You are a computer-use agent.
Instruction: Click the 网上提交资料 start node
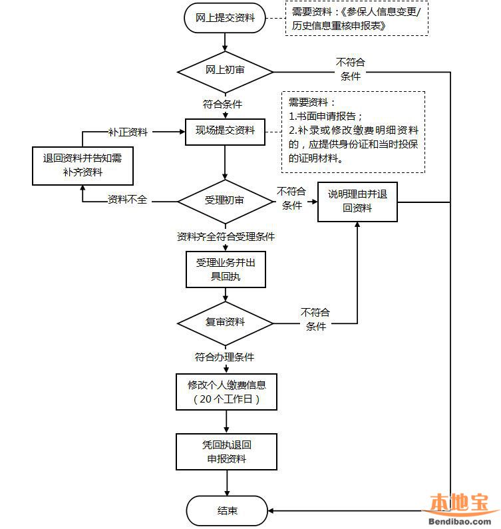[x=225, y=18]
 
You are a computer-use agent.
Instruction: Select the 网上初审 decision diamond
[x=225, y=71]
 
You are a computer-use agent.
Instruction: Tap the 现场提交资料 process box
[x=225, y=130]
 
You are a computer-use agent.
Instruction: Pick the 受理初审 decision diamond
[x=225, y=200]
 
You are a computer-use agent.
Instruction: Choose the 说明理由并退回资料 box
[x=357, y=202]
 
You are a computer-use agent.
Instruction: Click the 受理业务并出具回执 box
[x=225, y=269]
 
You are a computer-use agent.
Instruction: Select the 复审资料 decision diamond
[x=225, y=322]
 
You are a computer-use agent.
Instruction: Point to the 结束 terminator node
[x=226, y=511]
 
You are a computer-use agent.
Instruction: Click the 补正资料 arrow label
[x=128, y=132]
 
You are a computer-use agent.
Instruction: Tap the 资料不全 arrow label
[x=128, y=200]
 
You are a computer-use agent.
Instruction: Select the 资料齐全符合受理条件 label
[x=226, y=236]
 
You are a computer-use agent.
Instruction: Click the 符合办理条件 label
[x=224, y=357]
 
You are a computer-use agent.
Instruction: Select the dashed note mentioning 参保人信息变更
[x=357, y=19]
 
